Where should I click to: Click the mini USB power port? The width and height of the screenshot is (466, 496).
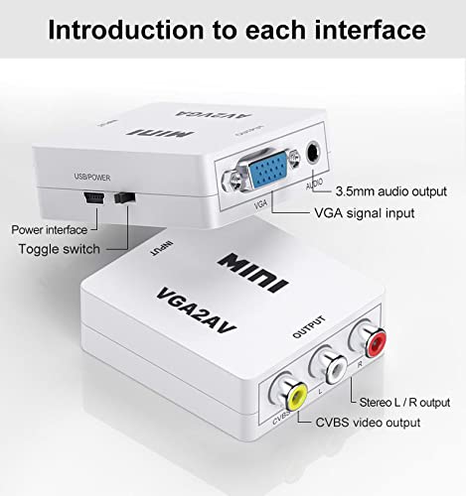click(x=94, y=197)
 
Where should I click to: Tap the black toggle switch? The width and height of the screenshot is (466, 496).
click(x=125, y=197)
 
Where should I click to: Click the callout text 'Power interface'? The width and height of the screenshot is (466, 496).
click(x=50, y=230)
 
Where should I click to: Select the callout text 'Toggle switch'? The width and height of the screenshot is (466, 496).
click(x=60, y=249)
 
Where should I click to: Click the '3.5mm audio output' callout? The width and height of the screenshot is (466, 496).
click(x=391, y=191)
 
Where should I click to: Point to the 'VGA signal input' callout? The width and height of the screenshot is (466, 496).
click(x=365, y=213)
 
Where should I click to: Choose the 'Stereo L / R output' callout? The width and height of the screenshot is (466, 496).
click(x=404, y=403)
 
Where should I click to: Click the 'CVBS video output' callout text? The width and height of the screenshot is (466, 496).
click(x=368, y=423)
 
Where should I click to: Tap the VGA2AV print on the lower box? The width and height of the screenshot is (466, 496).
click(x=196, y=311)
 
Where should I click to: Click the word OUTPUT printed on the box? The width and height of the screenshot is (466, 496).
click(x=309, y=327)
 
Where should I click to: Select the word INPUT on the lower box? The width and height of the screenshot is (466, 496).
click(x=162, y=249)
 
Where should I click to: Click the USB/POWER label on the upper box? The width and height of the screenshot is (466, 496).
click(x=92, y=178)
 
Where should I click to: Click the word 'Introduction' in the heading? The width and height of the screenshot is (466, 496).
click(x=126, y=30)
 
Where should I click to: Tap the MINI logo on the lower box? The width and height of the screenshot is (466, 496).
click(x=252, y=273)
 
